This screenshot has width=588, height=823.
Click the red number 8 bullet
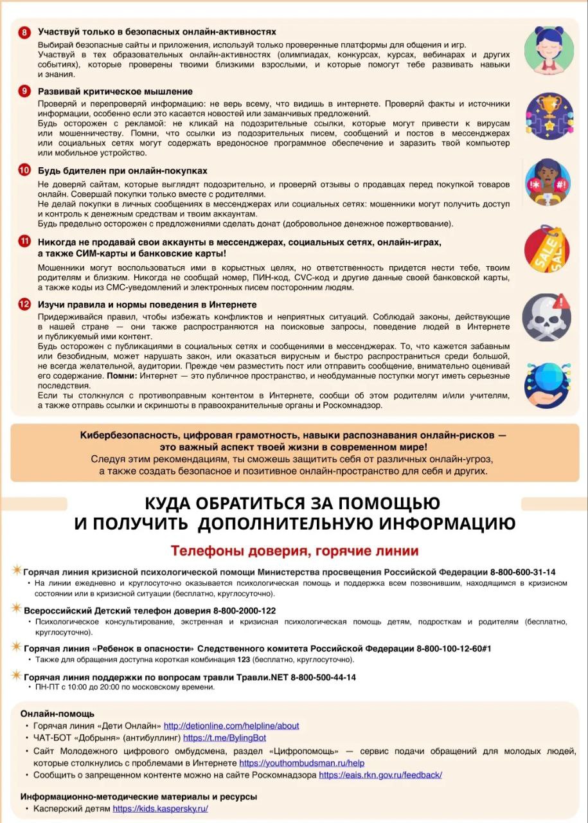tap(24, 32)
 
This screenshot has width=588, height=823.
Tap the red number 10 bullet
tap(24, 170)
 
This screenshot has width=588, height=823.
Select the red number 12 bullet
tap(24, 304)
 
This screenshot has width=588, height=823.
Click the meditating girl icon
tap(548, 50)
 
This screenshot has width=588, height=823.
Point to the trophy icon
tap(548, 116)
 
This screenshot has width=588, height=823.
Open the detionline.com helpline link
tap(231, 726)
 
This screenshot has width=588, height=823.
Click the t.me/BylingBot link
tap(224, 738)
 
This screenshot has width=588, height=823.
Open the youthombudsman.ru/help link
tap(301, 763)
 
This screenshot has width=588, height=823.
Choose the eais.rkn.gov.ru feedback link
tap(380, 775)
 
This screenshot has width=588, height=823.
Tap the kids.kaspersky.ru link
tap(160, 809)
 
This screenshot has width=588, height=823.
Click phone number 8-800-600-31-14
tap(522, 572)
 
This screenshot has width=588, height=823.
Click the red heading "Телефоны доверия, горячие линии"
tap(294, 551)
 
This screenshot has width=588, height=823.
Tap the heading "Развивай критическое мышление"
tap(115, 91)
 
